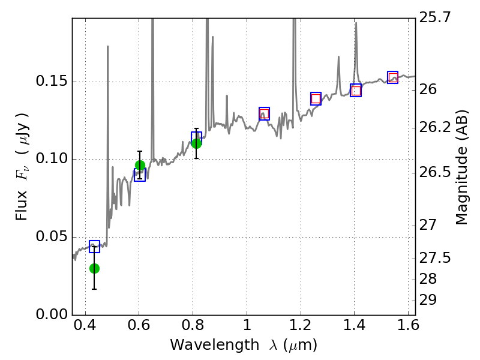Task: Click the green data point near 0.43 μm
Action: click(94, 268)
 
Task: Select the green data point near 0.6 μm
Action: click(140, 166)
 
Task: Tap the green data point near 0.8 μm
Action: click(196, 143)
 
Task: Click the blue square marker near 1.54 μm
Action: click(393, 77)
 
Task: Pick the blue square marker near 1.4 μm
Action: click(356, 91)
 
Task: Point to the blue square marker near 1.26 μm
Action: click(316, 98)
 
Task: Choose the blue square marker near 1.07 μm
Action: click(265, 113)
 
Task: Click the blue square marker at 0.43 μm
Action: click(94, 247)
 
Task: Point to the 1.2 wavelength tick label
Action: click(300, 327)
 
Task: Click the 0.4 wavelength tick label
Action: click(85, 327)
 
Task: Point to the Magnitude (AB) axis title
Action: click(462, 167)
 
